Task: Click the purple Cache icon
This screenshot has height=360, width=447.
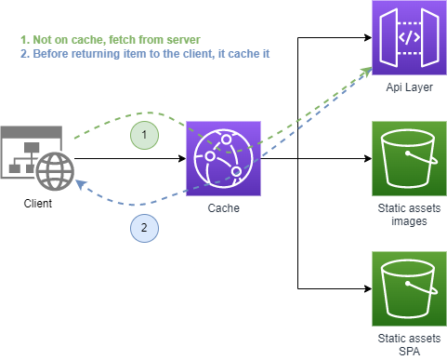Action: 224,158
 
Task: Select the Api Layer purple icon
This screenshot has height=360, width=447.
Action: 409,38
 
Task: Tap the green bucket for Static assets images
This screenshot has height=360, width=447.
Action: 409,158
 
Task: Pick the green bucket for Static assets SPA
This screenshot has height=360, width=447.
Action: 409,287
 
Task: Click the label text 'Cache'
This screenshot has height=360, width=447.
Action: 224,208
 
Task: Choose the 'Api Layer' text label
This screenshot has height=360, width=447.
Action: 409,87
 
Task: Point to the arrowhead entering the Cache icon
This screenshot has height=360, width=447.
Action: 182,159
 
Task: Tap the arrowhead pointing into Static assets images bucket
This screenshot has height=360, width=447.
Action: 367,159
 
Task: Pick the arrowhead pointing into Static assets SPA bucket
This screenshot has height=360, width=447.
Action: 367,287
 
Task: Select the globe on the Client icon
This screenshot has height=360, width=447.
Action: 54,169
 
